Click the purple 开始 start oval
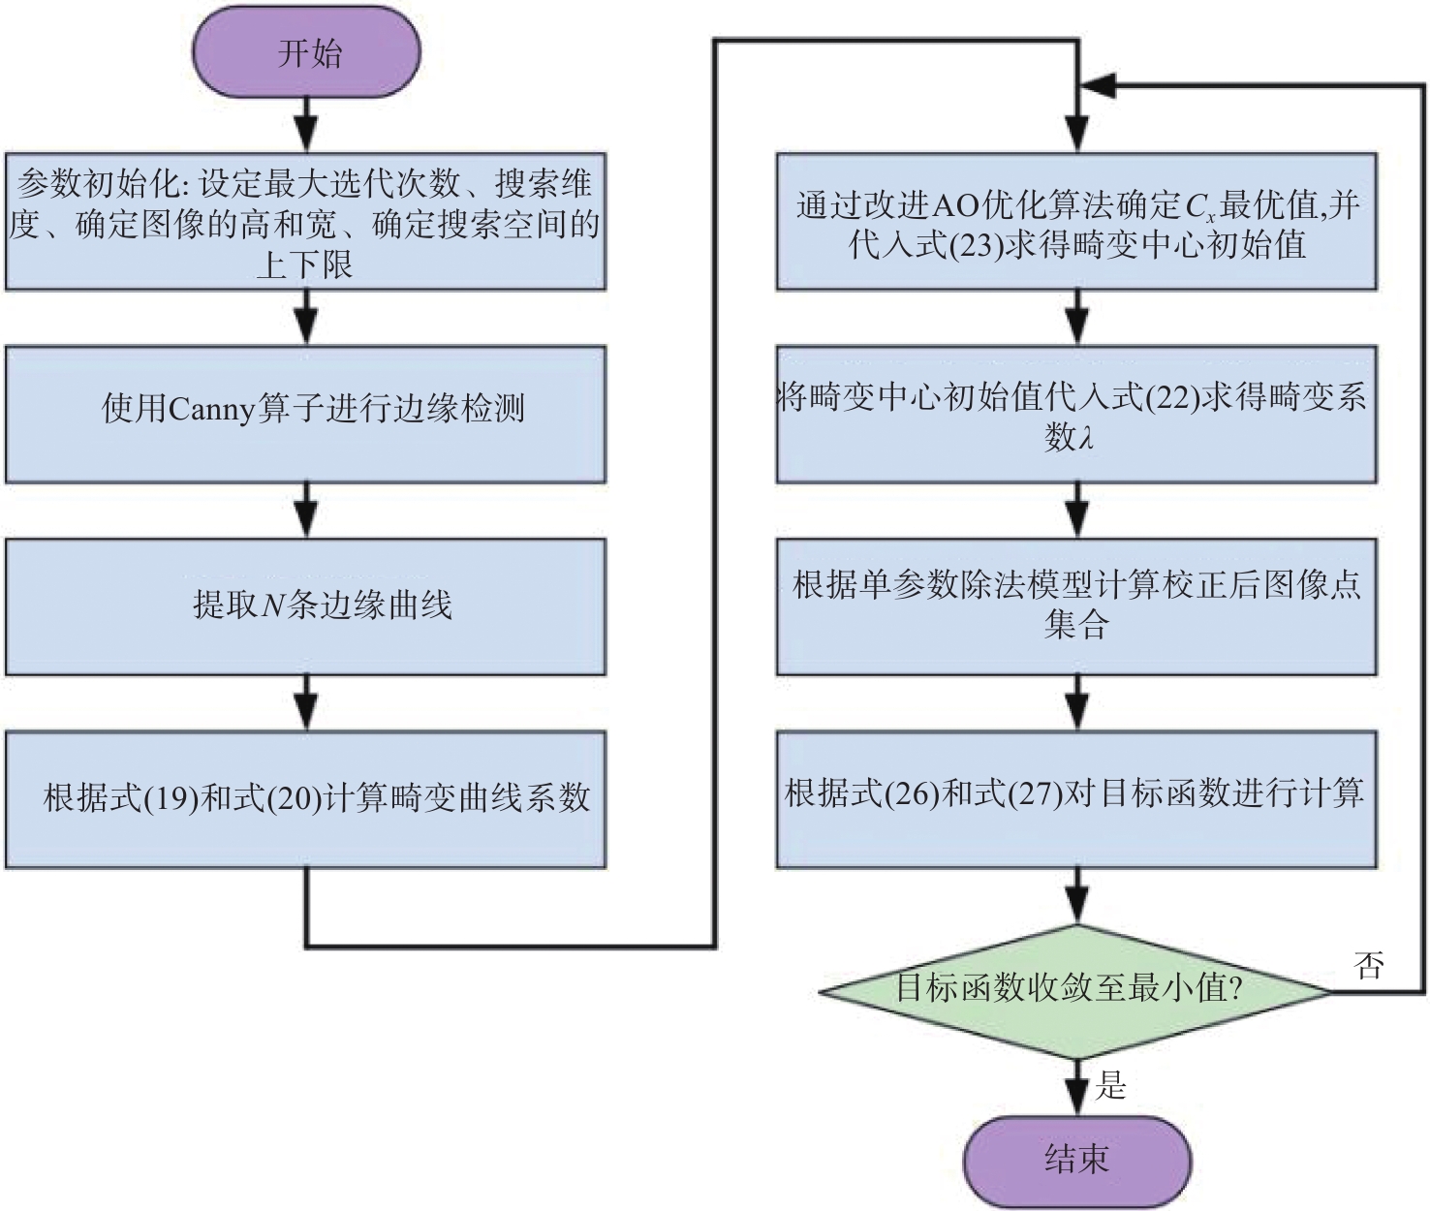click(x=307, y=52)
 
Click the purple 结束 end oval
click(x=1076, y=1159)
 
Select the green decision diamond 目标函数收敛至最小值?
click(x=1073, y=989)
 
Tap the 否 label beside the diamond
click(x=1368, y=965)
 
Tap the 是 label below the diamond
click(x=1111, y=1085)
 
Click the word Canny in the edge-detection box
click(x=211, y=410)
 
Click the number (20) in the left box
click(x=294, y=798)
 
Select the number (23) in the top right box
click(x=976, y=245)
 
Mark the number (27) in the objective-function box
click(x=1035, y=793)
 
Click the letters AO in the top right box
click(x=955, y=205)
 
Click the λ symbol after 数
click(x=1087, y=439)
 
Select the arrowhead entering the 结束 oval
click(x=1076, y=1099)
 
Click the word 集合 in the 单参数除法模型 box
click(x=1075, y=625)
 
